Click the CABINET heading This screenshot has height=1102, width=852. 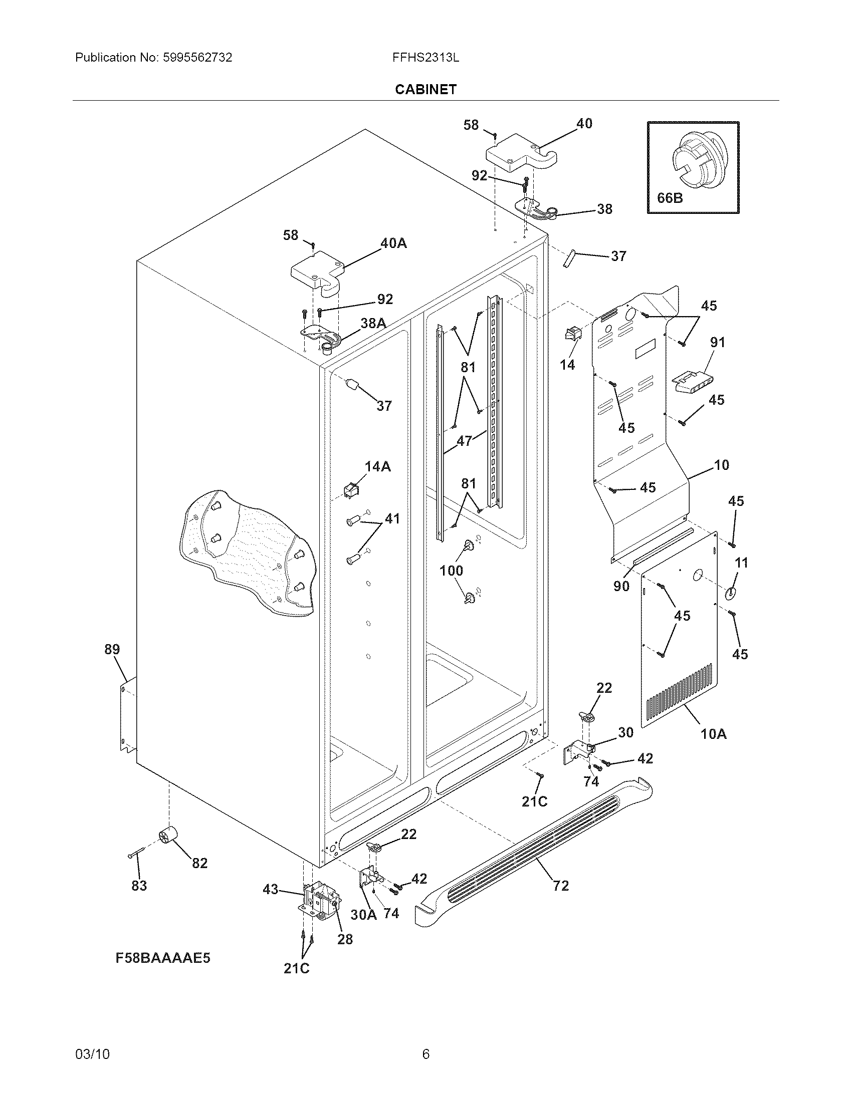click(x=425, y=89)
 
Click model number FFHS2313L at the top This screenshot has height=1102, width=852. click(x=425, y=58)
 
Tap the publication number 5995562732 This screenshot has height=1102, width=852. click(x=197, y=58)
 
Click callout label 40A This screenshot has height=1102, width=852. click(x=393, y=243)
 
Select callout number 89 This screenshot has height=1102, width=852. click(x=112, y=649)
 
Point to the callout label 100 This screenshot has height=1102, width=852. click(x=451, y=571)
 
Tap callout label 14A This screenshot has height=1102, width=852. click(x=377, y=466)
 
